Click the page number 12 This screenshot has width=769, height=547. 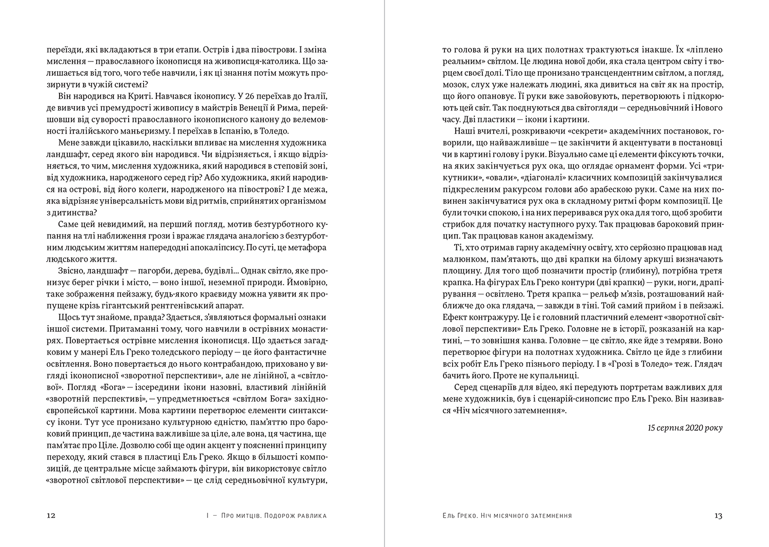point(51,516)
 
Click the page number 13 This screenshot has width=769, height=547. point(718,516)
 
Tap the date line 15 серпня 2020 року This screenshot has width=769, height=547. point(685,428)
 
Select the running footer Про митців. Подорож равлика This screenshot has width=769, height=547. point(272,516)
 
